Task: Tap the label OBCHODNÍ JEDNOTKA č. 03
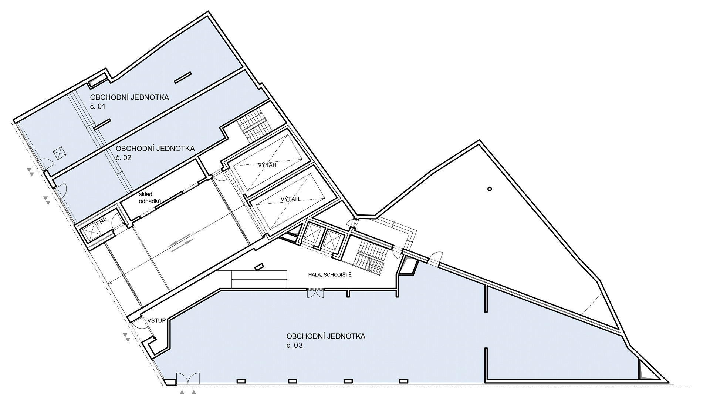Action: click(x=326, y=341)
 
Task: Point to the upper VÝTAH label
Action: click(x=267, y=165)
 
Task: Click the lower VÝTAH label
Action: click(x=290, y=199)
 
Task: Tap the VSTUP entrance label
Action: click(x=156, y=320)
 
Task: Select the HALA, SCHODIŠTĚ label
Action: click(x=330, y=275)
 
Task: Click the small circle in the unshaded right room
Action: click(x=490, y=189)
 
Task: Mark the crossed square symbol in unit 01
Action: click(x=59, y=153)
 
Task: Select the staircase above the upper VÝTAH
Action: click(x=254, y=124)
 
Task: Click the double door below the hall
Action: click(x=316, y=293)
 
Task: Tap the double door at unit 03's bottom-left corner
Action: click(x=188, y=378)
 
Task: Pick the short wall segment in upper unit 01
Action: click(x=183, y=77)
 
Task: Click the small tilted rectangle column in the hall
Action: click(x=259, y=267)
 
